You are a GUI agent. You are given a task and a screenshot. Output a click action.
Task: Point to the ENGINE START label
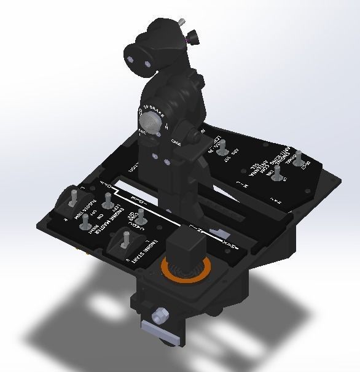coord(148,252)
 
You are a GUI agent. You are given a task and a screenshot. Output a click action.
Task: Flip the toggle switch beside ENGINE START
coord(126,239)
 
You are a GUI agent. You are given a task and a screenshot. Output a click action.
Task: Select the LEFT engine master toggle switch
coord(108,200)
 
